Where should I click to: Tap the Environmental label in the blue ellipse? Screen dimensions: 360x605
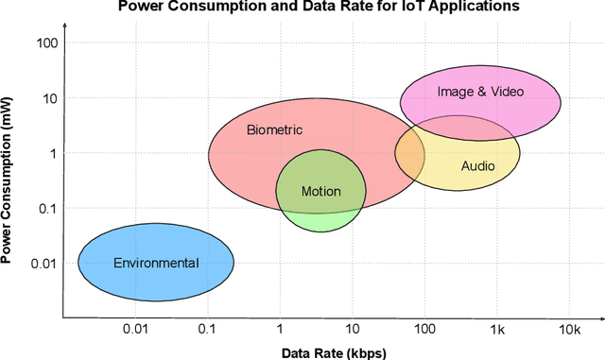(156, 263)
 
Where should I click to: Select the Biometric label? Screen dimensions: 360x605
(274, 130)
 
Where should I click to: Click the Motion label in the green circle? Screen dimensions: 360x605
(320, 192)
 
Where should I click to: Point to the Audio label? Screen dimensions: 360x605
(477, 166)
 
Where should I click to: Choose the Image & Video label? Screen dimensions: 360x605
(480, 92)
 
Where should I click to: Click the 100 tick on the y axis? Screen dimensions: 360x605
(46, 43)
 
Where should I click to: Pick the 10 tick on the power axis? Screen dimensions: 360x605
(50, 97)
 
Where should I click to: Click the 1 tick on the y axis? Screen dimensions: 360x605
(54, 153)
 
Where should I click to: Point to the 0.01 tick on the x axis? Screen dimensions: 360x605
(135, 329)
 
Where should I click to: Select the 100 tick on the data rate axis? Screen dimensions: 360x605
(423, 329)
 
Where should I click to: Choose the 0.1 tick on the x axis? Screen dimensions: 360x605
(207, 329)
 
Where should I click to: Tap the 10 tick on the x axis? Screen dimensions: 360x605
(352, 329)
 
